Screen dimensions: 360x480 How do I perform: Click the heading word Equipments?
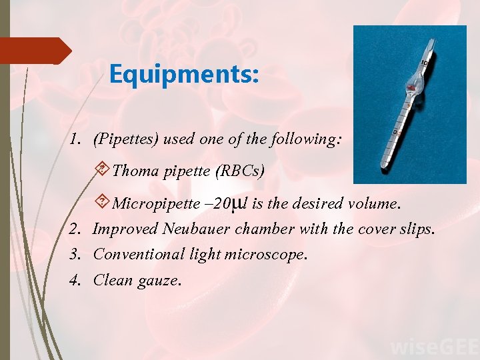coord(183,73)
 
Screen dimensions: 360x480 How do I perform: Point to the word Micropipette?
coord(155,203)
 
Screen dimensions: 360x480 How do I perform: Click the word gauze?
coord(159,280)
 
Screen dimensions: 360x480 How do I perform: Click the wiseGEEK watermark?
coord(433,347)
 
